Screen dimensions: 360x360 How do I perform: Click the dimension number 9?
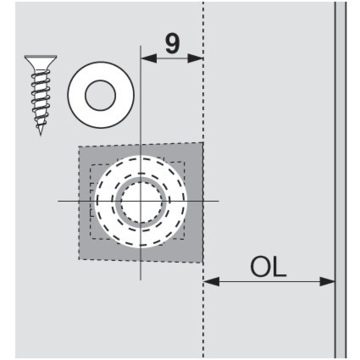click(172, 44)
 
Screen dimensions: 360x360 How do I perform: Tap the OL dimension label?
click(269, 267)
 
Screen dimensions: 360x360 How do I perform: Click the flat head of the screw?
click(41, 62)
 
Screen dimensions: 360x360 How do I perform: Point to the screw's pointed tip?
click(41, 135)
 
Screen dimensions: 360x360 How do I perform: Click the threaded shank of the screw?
click(41, 99)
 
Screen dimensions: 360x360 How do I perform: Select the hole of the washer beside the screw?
click(101, 96)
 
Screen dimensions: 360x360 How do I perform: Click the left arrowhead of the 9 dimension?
click(148, 58)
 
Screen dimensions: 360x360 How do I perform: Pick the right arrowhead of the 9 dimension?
click(196, 58)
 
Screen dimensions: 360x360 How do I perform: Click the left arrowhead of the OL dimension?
click(211, 281)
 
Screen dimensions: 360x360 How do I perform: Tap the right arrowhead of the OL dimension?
click(327, 281)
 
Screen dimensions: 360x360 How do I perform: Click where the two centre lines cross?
click(141, 201)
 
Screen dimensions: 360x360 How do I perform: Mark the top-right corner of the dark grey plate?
click(202, 142)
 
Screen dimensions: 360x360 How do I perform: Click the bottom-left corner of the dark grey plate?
click(79, 259)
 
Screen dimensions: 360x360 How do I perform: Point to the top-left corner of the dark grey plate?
click(79, 147)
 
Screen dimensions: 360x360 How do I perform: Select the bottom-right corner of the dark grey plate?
click(202, 263)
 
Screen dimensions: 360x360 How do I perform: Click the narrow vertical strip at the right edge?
click(341, 180)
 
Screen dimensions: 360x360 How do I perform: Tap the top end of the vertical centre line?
click(141, 46)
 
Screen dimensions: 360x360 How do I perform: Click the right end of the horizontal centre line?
click(219, 201)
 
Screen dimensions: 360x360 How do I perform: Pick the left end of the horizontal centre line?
click(58, 201)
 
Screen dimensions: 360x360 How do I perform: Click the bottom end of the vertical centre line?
click(141, 280)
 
